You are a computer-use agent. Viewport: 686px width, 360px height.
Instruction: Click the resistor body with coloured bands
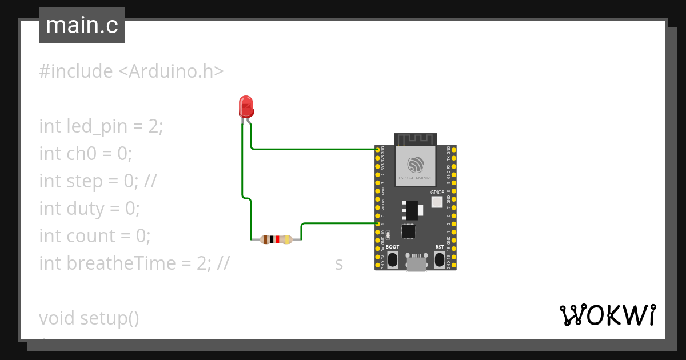[276, 239]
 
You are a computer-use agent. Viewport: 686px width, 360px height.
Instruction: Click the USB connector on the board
[416, 263]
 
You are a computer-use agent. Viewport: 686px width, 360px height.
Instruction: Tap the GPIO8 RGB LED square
[437, 202]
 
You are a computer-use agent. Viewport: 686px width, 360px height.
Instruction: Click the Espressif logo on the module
[416, 165]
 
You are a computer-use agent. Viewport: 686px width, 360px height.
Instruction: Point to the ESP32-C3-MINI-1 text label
[416, 178]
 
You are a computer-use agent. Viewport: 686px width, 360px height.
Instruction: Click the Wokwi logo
[608, 315]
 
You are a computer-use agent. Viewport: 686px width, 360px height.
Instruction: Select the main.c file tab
[82, 25]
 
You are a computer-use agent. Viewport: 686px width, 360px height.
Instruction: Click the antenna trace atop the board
[416, 138]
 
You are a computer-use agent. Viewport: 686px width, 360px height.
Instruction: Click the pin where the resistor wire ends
[378, 223]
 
